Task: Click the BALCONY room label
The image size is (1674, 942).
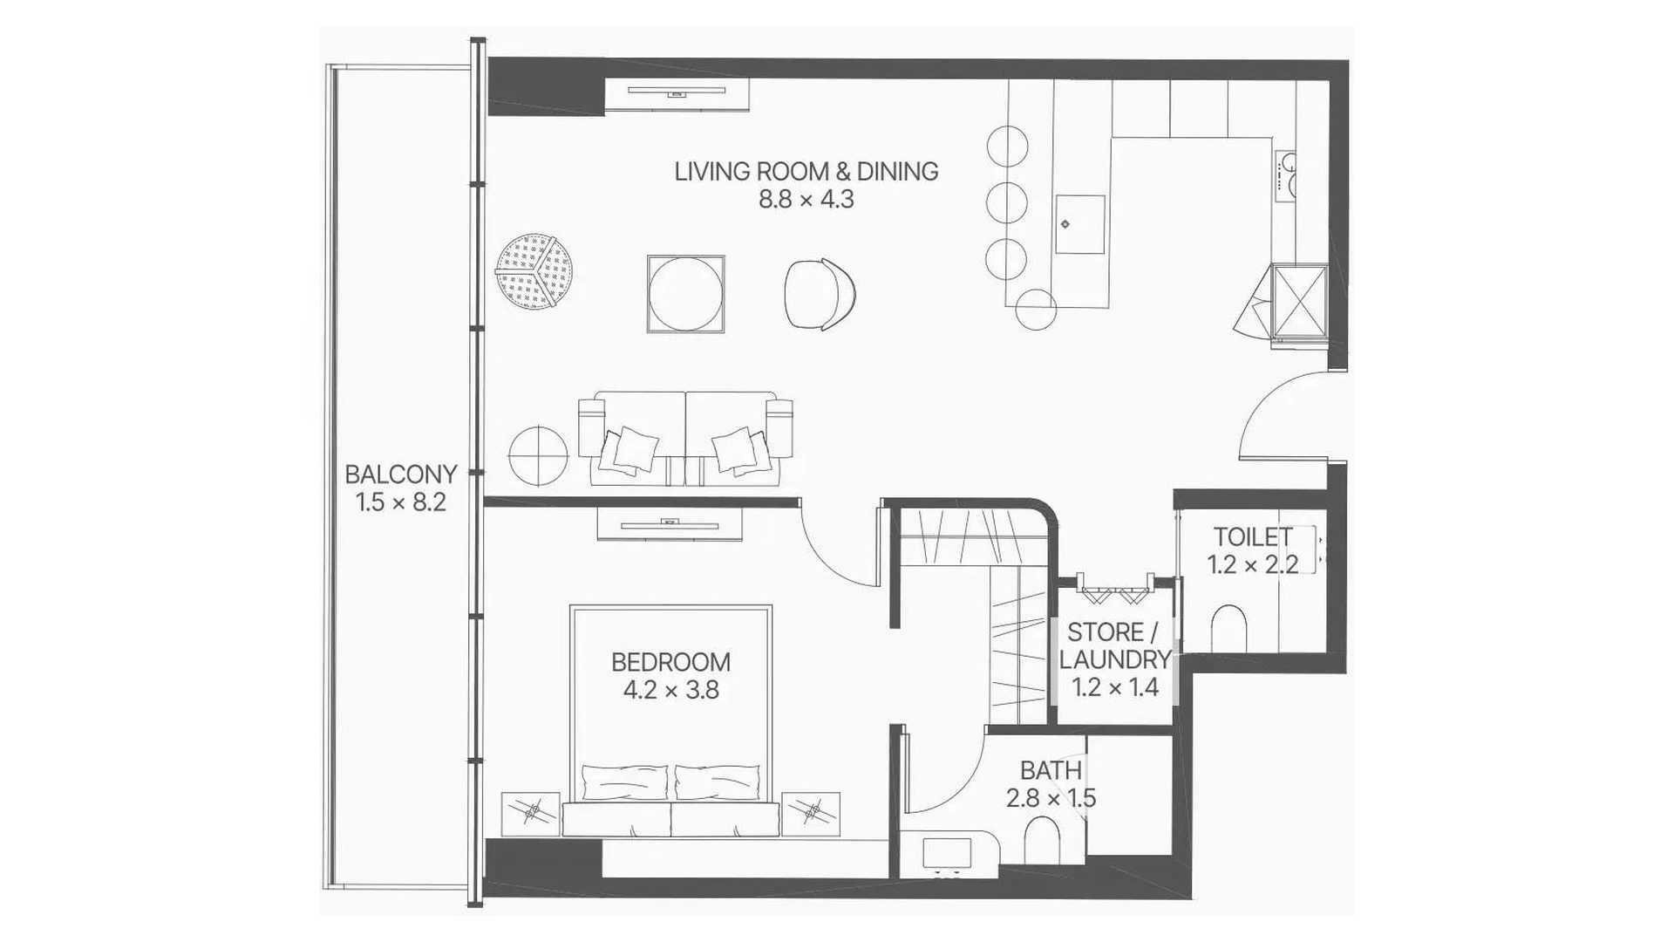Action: pyautogui.click(x=400, y=474)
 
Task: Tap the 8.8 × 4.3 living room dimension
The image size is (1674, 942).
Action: pyautogui.click(x=806, y=200)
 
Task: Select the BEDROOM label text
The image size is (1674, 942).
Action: pyautogui.click(x=670, y=662)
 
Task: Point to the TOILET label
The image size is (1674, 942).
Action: pyautogui.click(x=1253, y=536)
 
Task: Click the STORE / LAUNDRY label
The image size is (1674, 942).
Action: pyautogui.click(x=1115, y=645)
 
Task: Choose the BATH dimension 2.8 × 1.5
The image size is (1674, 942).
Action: pyautogui.click(x=1051, y=798)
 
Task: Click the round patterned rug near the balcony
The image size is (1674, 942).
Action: pyautogui.click(x=535, y=271)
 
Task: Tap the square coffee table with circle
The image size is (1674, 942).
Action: pyautogui.click(x=686, y=294)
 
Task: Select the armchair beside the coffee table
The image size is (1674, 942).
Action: pyautogui.click(x=820, y=294)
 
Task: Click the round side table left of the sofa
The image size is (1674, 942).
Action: pyautogui.click(x=538, y=455)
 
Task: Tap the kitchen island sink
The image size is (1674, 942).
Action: pyautogui.click(x=1080, y=224)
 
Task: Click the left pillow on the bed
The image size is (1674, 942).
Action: pyautogui.click(x=625, y=782)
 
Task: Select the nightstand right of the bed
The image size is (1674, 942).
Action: pyautogui.click(x=811, y=814)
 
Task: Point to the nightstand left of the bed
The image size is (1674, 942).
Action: pyautogui.click(x=531, y=814)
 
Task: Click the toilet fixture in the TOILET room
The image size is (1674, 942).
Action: pyautogui.click(x=1229, y=628)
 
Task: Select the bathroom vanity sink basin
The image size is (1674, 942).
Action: pyautogui.click(x=947, y=854)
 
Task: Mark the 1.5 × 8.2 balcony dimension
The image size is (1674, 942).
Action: pyautogui.click(x=401, y=502)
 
